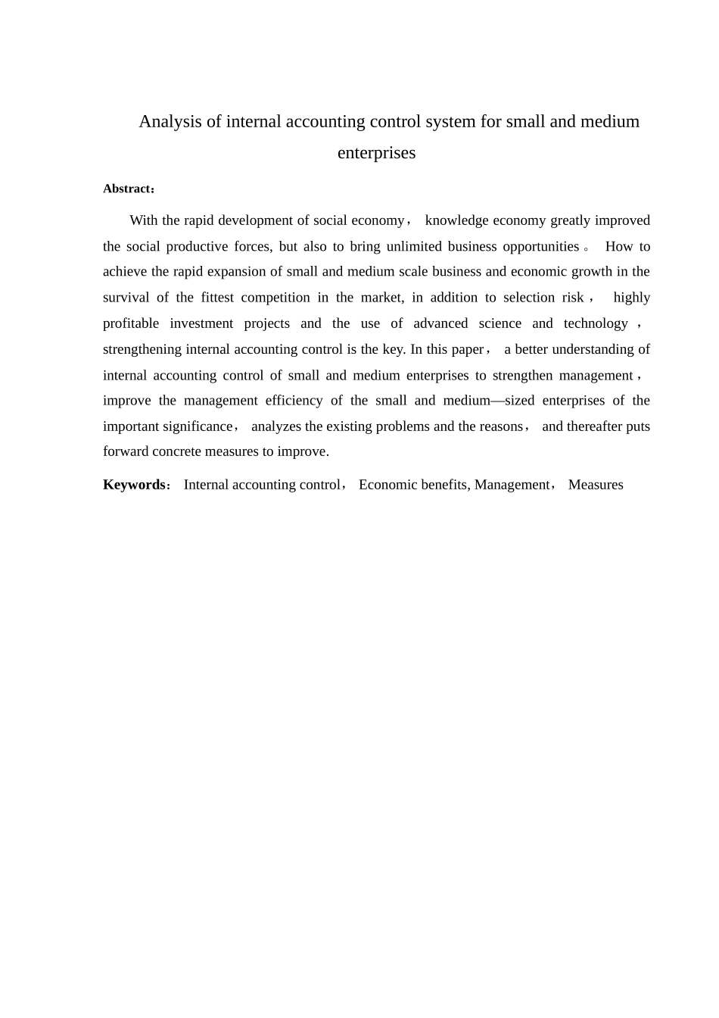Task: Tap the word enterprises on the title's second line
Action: point(376,153)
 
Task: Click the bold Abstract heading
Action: point(127,189)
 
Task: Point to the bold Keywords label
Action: point(134,485)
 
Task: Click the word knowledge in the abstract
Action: point(457,220)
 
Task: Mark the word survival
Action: point(126,298)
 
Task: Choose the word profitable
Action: point(131,323)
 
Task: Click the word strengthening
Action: point(142,349)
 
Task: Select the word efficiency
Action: point(294,401)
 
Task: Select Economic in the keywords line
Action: point(387,485)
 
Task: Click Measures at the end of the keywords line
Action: point(596,485)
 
